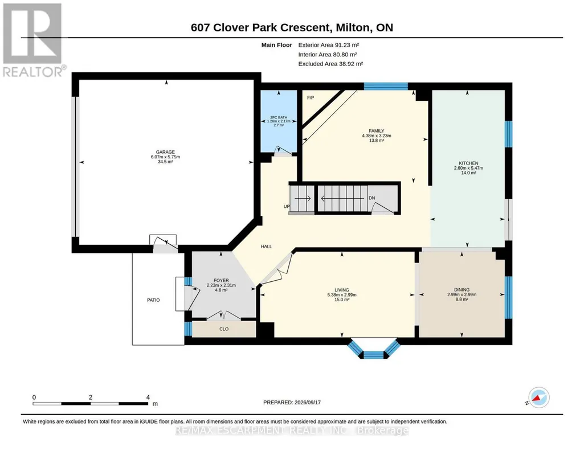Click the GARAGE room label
point(165,152)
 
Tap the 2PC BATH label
point(279,117)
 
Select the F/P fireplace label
point(311,97)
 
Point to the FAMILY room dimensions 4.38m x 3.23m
point(377,136)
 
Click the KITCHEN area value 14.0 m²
point(468,173)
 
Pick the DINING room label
point(462,289)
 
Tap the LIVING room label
point(342,290)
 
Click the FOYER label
point(221,281)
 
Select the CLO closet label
point(224,329)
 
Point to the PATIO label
point(153,300)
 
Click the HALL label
point(266,247)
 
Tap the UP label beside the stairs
point(287,207)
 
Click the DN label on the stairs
point(371,198)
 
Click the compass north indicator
point(538,397)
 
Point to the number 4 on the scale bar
point(148,397)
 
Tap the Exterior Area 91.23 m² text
point(329,45)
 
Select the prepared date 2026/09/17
point(308,402)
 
